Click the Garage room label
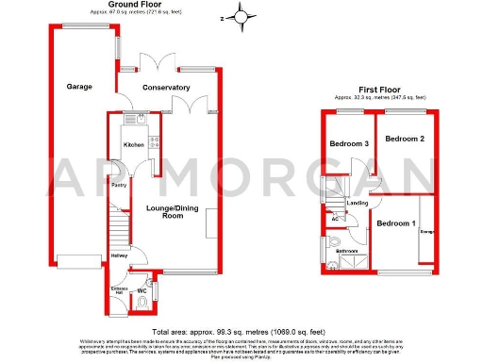(x=79, y=87)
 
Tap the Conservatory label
(x=166, y=88)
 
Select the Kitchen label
(x=134, y=144)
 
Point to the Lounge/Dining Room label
(x=172, y=210)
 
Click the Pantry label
(x=120, y=185)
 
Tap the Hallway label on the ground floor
(x=120, y=255)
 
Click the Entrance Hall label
(x=120, y=288)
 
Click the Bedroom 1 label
(x=395, y=223)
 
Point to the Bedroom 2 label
(x=404, y=139)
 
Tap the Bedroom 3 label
(x=348, y=144)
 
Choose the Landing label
(x=358, y=203)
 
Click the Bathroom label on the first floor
(x=346, y=251)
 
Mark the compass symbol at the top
(x=243, y=16)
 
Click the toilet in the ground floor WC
(x=155, y=302)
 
